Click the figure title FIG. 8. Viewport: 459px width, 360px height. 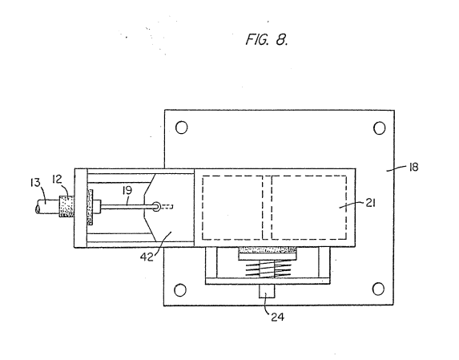pyautogui.click(x=267, y=39)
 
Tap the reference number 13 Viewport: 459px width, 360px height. pyautogui.click(x=35, y=183)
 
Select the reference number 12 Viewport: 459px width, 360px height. pyautogui.click(x=57, y=179)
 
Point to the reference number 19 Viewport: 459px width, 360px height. pyautogui.click(x=127, y=191)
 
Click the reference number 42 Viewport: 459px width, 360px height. pyautogui.click(x=147, y=257)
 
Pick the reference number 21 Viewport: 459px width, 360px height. pyautogui.click(x=371, y=203)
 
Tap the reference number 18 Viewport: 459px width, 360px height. pyautogui.click(x=413, y=168)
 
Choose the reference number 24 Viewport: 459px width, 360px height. pyautogui.click(x=277, y=317)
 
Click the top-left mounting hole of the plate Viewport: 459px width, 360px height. pyautogui.click(x=182, y=127)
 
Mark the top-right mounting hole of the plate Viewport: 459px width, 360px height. pyautogui.click(x=380, y=128)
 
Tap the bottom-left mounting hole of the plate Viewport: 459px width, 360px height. pyautogui.click(x=180, y=289)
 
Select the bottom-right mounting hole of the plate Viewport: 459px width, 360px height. pyautogui.click(x=378, y=289)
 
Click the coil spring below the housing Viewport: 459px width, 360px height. pyautogui.click(x=268, y=269)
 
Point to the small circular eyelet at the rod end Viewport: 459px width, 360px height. pyautogui.click(x=157, y=206)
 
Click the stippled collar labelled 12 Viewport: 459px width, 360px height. pyautogui.click(x=66, y=206)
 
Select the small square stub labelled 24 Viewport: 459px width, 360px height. pyautogui.click(x=267, y=291)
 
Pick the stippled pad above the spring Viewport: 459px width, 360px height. pyautogui.click(x=268, y=250)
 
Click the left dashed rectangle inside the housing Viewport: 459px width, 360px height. pyautogui.click(x=232, y=208)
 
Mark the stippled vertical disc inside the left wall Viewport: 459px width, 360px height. pyautogui.click(x=90, y=207)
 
